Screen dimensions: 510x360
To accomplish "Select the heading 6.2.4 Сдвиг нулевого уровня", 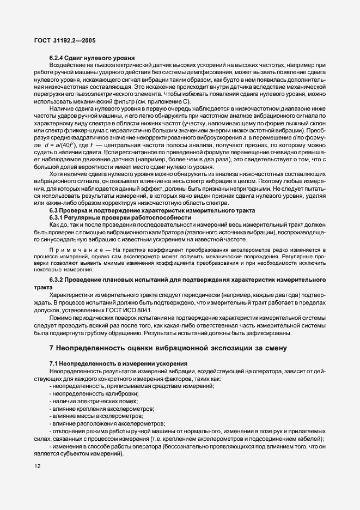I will (x=88, y=58).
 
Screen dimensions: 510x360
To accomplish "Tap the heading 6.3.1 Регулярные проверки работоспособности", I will (x=120, y=217).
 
